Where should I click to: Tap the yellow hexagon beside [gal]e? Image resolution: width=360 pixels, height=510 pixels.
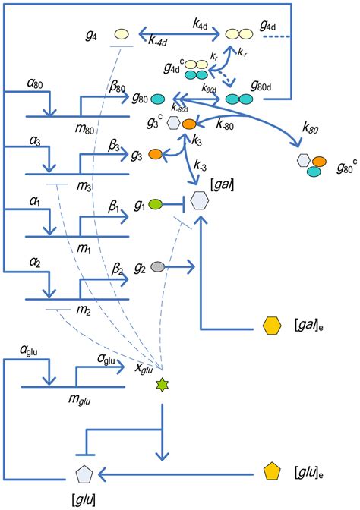point(271,326)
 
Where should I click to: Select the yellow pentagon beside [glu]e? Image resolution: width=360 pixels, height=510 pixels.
point(270,471)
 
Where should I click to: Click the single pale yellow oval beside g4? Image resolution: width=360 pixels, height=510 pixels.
point(122,34)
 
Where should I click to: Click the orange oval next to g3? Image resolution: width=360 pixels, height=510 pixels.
point(155,155)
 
